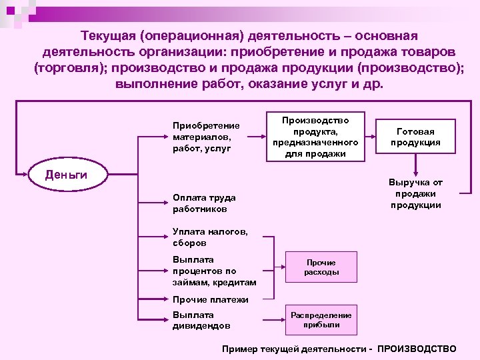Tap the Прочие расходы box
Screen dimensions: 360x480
click(x=321, y=267)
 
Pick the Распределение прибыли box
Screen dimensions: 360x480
click(x=321, y=319)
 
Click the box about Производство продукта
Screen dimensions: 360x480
click(x=315, y=137)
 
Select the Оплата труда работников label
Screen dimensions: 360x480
click(x=203, y=203)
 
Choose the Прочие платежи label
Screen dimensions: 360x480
click(x=210, y=299)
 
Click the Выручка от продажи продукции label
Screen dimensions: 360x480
click(x=415, y=193)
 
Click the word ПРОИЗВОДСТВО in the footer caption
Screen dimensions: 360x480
click(x=417, y=349)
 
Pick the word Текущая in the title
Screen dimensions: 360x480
click(x=107, y=35)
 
